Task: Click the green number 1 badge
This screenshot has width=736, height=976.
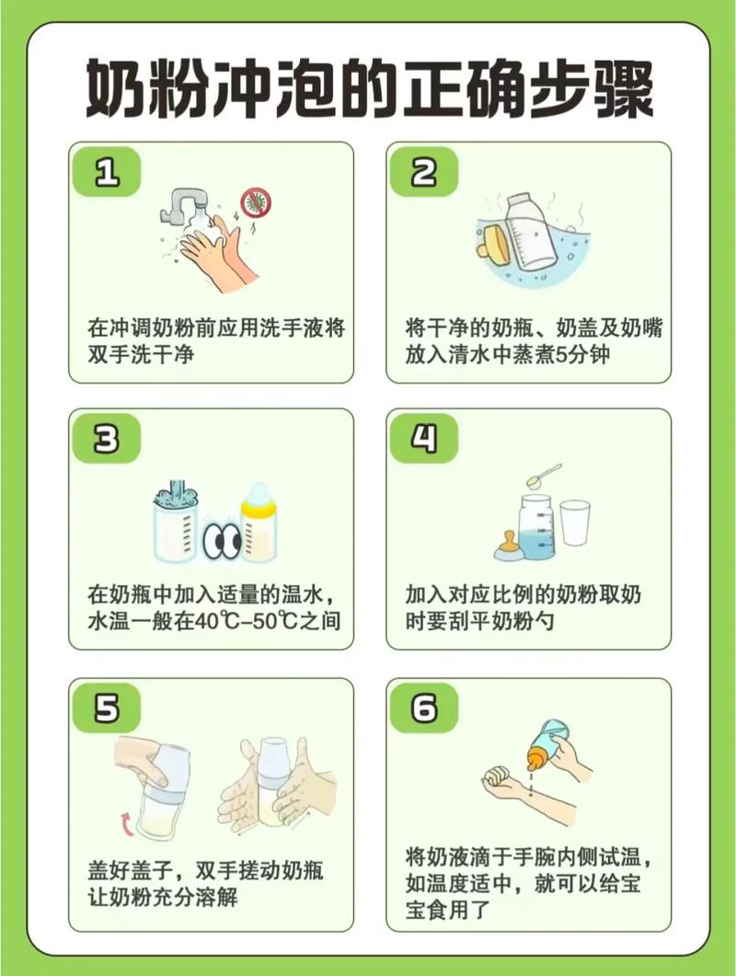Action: tap(107, 172)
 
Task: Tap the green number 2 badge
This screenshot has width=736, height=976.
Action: tap(423, 172)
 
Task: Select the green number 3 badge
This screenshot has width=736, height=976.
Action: tap(107, 440)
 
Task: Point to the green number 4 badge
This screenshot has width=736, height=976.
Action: tap(423, 440)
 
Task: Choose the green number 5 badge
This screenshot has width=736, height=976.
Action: tap(107, 709)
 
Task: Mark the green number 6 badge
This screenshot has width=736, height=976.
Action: tap(423, 709)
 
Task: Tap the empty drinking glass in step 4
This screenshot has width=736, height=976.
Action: tap(575, 522)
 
